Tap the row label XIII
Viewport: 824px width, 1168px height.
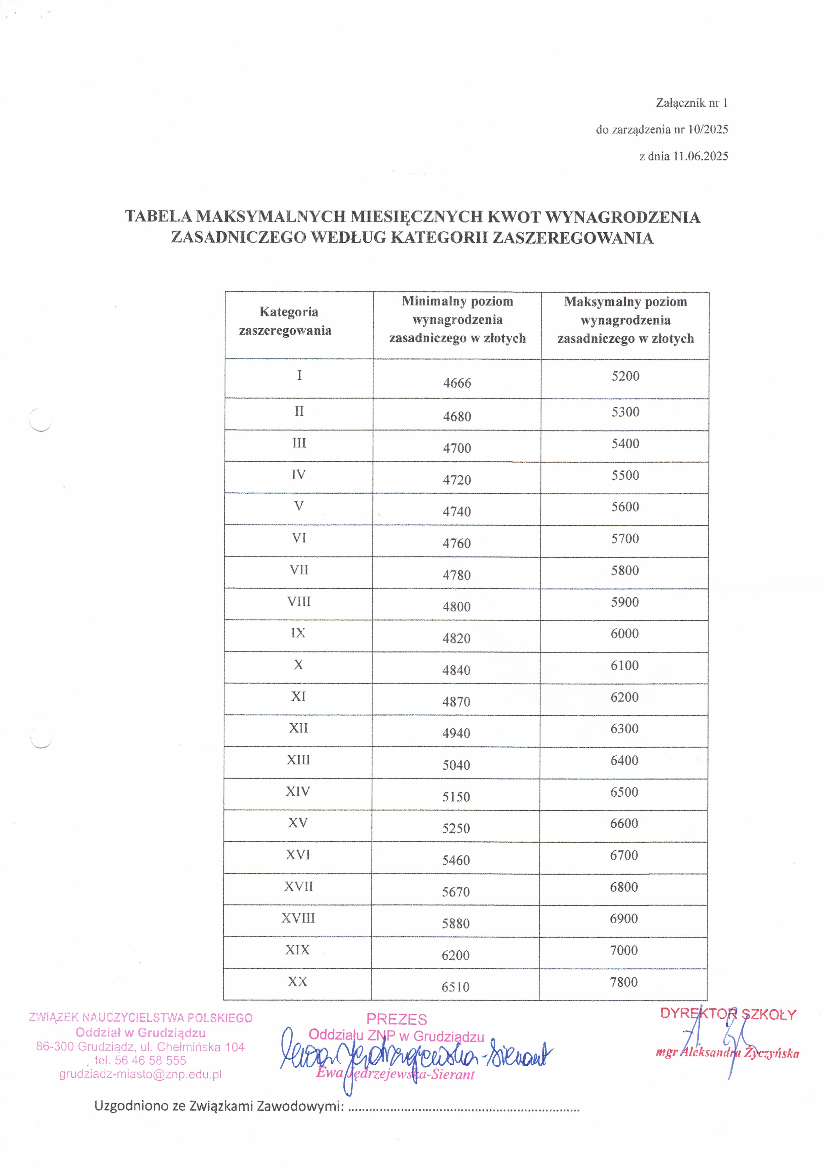pyautogui.click(x=298, y=760)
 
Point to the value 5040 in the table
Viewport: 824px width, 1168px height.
pyautogui.click(x=456, y=765)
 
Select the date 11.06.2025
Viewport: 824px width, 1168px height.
pyautogui.click(x=700, y=156)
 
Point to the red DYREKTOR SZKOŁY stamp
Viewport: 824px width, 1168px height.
pyautogui.click(x=728, y=1014)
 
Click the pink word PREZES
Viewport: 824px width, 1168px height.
pyautogui.click(x=397, y=1019)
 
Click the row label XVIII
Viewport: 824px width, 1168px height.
pyautogui.click(x=298, y=918)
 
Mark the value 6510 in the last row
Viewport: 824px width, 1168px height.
pyautogui.click(x=455, y=987)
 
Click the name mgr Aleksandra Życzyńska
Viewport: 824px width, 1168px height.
pyautogui.click(x=727, y=1053)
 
